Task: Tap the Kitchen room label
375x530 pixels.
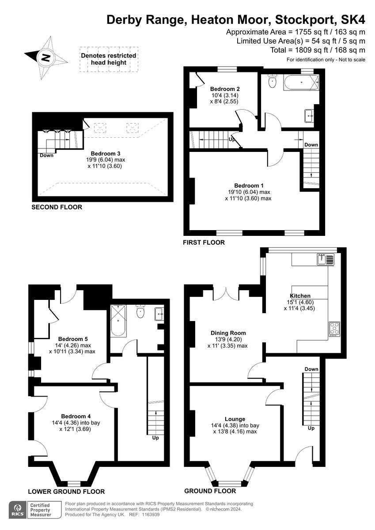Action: click(x=300, y=295)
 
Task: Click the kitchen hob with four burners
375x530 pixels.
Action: click(x=334, y=329)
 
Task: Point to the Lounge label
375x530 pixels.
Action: click(x=235, y=419)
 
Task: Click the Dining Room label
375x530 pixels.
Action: click(x=228, y=333)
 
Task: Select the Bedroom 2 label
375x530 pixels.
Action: click(x=224, y=88)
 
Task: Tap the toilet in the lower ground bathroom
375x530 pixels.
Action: click(x=140, y=311)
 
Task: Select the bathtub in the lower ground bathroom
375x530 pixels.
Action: click(x=118, y=320)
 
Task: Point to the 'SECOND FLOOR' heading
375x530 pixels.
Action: click(x=57, y=207)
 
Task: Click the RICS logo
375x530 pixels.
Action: click(x=17, y=509)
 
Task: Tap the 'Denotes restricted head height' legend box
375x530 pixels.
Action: click(x=109, y=59)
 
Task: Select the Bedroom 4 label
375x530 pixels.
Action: click(x=76, y=416)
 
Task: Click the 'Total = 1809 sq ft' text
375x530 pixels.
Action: click(x=318, y=50)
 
